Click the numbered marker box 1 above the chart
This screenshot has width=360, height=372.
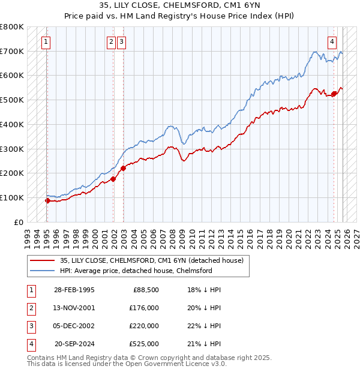pyautogui.click(x=46, y=41)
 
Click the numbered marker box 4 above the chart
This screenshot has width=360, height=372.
pyautogui.click(x=332, y=41)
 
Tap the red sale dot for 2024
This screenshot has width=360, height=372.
pyautogui.click(x=334, y=93)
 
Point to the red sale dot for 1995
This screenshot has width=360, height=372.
pyautogui.click(x=47, y=200)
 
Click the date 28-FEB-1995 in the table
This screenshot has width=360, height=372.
pyautogui.click(x=74, y=290)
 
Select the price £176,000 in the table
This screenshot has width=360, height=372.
pyautogui.click(x=143, y=308)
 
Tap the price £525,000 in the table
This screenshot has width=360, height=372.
pyautogui.click(x=143, y=344)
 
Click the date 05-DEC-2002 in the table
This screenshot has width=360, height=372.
pyautogui.click(x=74, y=326)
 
